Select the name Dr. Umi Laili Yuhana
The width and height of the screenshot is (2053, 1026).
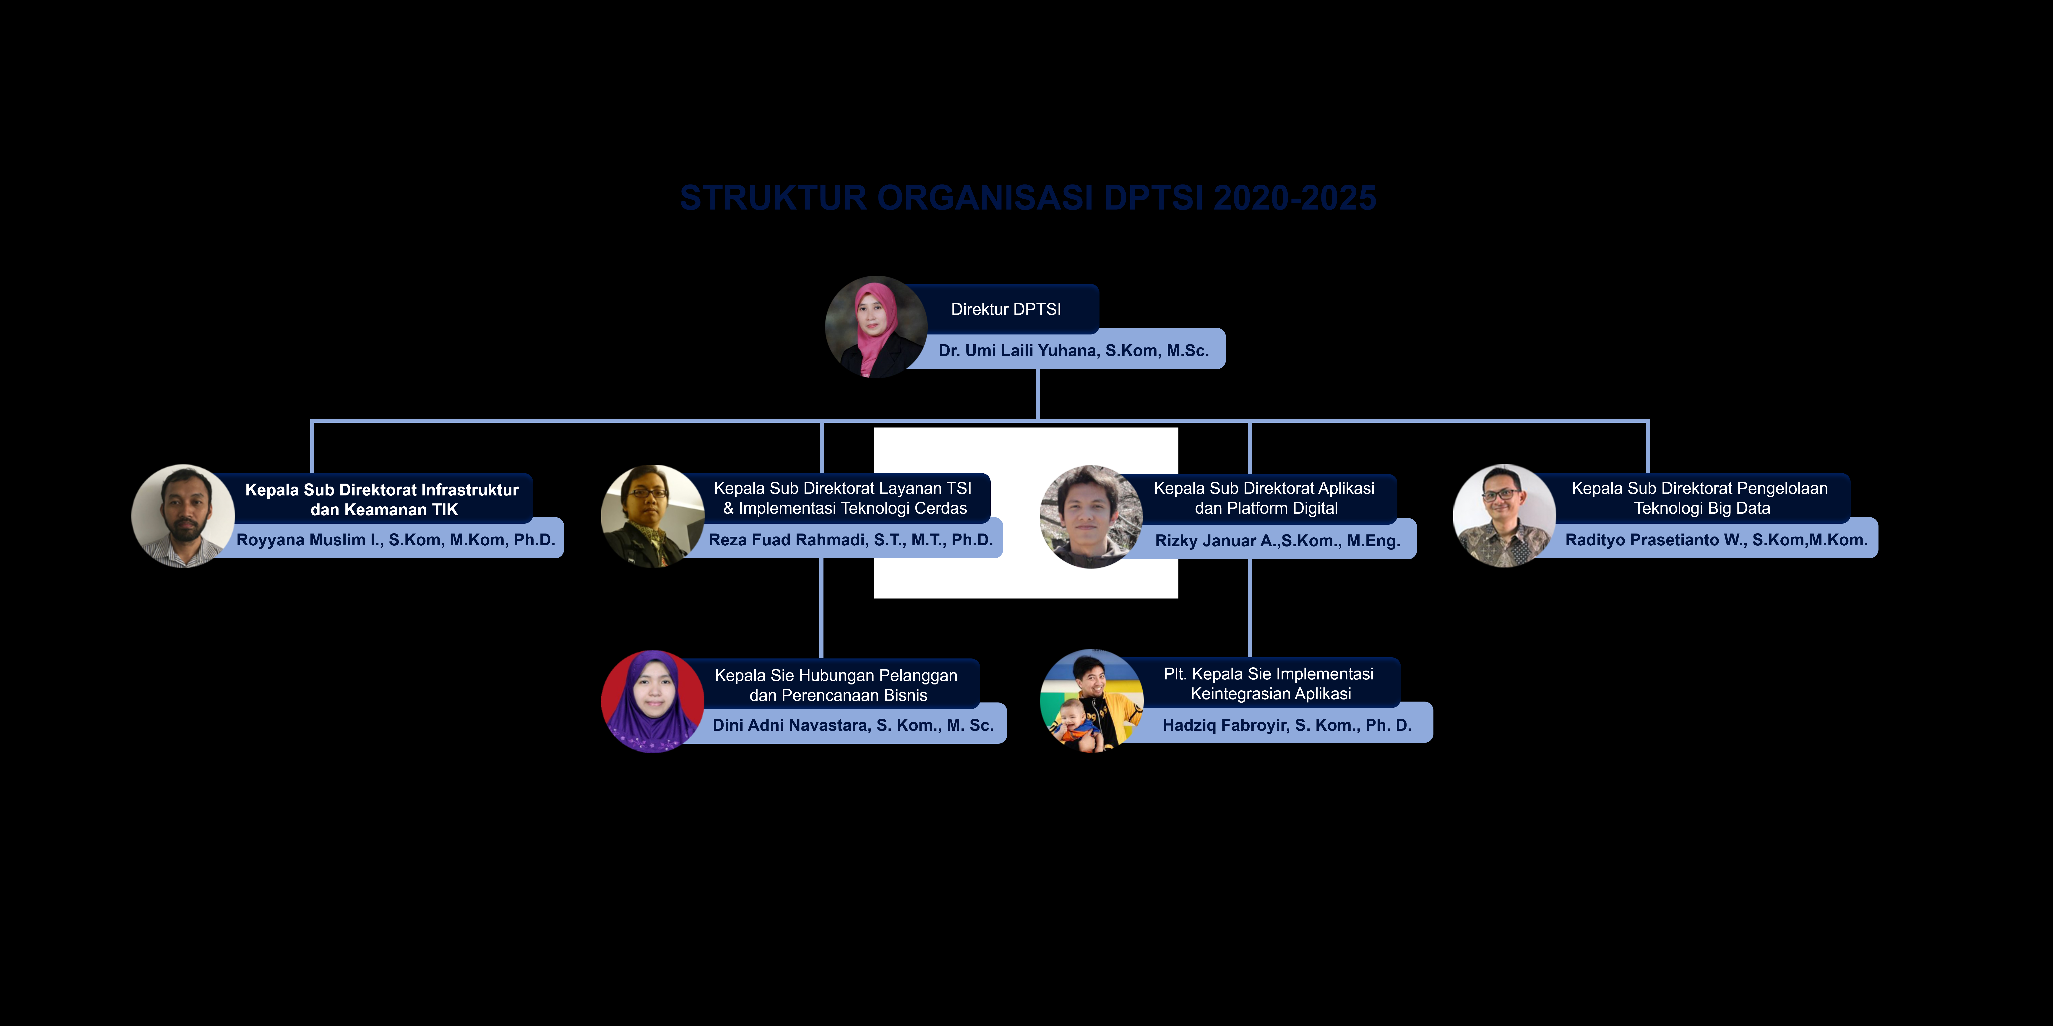1073,350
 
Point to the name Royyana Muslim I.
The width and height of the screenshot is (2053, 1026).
395,540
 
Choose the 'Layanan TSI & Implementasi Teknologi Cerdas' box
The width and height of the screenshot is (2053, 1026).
843,498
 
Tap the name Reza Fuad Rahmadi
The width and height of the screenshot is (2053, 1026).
850,540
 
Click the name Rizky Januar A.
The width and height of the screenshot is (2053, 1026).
1277,541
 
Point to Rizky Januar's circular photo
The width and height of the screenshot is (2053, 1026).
1091,516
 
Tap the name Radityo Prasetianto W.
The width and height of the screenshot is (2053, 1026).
1716,540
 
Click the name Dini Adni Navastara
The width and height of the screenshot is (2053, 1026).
853,725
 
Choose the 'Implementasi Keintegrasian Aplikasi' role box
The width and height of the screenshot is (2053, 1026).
1269,684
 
